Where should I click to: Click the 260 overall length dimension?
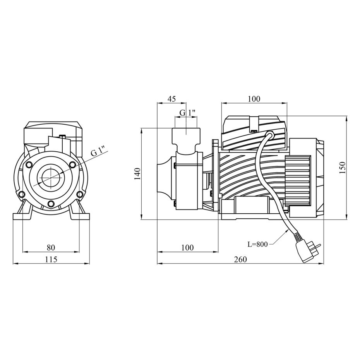point(240,259)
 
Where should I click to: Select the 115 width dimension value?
point(51,259)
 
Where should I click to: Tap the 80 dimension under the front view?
point(51,247)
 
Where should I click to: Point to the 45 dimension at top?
point(171,99)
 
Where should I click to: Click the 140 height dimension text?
point(138,174)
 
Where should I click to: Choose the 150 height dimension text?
point(342,168)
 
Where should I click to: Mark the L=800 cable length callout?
point(257,244)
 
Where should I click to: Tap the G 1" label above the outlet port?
point(187,113)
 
